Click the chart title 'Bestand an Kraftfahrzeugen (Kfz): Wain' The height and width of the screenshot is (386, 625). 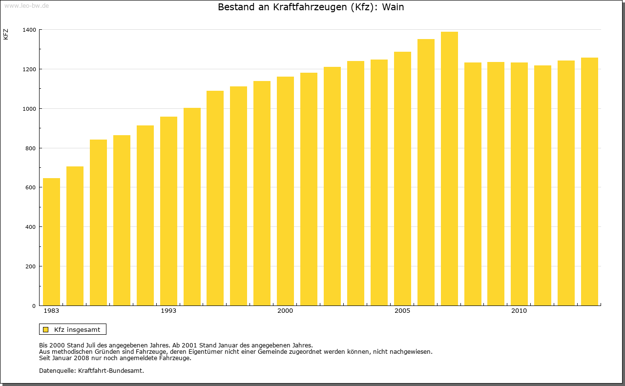[311, 7]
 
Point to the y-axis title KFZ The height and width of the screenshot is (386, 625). [6, 34]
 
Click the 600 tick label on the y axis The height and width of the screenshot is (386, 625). [30, 187]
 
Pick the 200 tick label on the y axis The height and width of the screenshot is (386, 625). [30, 266]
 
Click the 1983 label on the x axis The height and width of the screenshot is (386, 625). [51, 311]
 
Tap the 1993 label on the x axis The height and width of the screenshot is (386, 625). [168, 311]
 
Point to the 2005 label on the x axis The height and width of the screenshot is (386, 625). [402, 311]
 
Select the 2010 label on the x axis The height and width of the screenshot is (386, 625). [519, 311]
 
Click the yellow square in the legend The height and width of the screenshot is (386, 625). [46, 329]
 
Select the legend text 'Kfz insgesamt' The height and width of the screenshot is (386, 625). [77, 329]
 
